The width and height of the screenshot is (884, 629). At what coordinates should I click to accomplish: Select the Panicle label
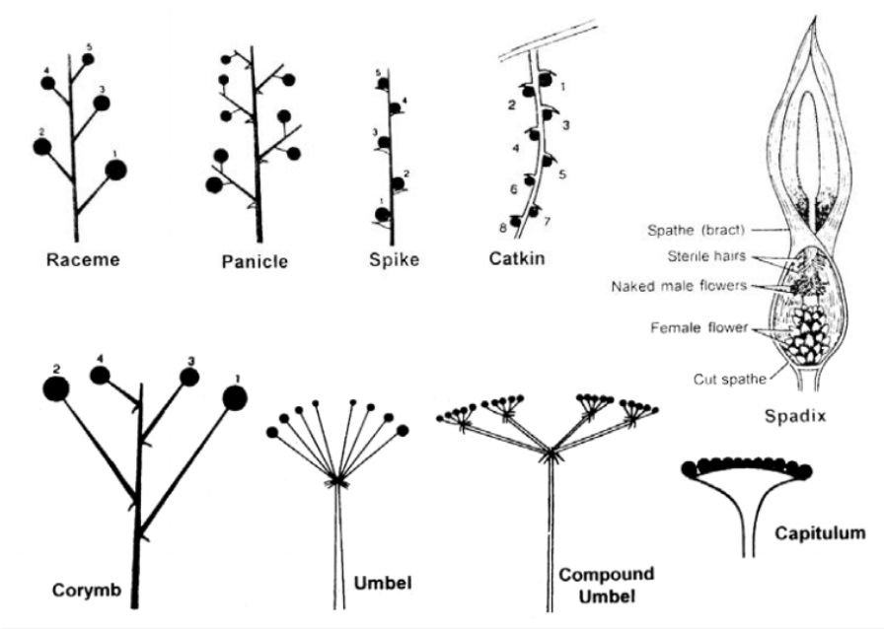coord(255,261)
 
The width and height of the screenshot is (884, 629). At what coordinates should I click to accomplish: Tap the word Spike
coord(393,260)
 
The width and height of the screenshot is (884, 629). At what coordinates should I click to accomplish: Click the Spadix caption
coord(794,415)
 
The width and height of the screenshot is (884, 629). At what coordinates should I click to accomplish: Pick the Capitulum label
coord(820,533)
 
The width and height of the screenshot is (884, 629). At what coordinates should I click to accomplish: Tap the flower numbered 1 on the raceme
coord(116,170)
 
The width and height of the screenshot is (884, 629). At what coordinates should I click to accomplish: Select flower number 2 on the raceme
coord(42,147)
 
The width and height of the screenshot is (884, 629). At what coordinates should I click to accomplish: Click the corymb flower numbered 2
coord(55,388)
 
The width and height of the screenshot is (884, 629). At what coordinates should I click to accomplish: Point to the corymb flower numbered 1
coord(234,397)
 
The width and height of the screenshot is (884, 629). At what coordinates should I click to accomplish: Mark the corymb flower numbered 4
coord(100,375)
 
